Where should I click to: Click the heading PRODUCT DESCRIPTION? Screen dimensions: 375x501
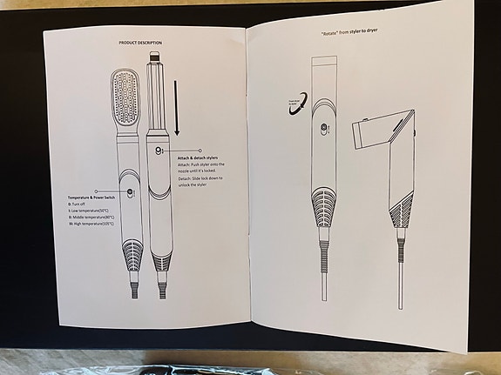(x=139, y=42)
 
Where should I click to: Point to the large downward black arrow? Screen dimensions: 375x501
(x=176, y=108)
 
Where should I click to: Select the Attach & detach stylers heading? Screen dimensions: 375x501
(x=201, y=157)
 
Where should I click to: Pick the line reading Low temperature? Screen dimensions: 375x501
(x=97, y=210)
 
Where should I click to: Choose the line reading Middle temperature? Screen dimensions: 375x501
(x=98, y=217)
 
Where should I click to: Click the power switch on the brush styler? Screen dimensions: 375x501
(x=130, y=193)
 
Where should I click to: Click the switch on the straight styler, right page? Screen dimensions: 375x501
(x=322, y=131)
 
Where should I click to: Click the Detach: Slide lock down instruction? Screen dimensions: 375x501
(x=201, y=180)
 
